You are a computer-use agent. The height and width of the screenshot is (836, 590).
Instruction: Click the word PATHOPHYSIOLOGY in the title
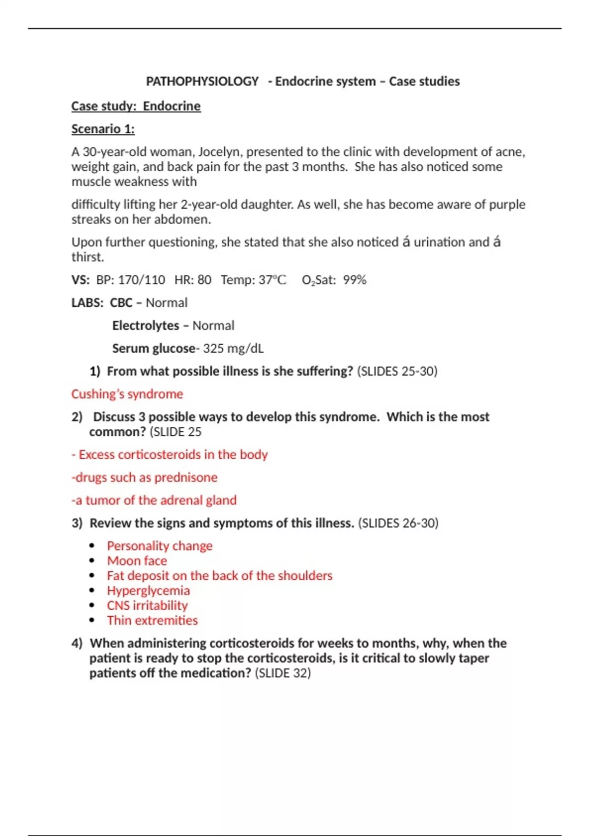pyautogui.click(x=202, y=81)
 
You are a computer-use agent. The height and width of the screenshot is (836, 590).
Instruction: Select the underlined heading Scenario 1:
pyautogui.click(x=103, y=129)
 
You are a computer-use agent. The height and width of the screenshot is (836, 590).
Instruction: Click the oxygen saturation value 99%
pyautogui.click(x=354, y=280)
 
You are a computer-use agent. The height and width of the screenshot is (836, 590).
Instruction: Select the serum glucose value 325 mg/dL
pyautogui.click(x=233, y=348)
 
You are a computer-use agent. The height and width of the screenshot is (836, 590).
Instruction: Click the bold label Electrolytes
pyautogui.click(x=146, y=326)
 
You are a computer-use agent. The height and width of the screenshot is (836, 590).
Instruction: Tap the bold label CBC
pyautogui.click(x=121, y=302)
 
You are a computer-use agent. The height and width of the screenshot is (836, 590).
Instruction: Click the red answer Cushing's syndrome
pyautogui.click(x=127, y=394)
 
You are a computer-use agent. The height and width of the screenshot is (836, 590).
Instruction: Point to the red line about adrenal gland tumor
pyautogui.click(x=154, y=500)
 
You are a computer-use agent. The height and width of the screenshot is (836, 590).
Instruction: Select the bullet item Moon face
pyautogui.click(x=137, y=561)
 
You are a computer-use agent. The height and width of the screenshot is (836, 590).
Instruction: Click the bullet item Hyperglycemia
pyautogui.click(x=148, y=590)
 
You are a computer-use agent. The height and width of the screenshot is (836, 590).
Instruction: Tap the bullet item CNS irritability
pyautogui.click(x=147, y=605)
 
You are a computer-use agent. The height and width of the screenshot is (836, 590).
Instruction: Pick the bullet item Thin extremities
pyautogui.click(x=152, y=620)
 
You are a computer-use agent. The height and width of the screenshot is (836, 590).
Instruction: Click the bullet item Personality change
pyautogui.click(x=159, y=546)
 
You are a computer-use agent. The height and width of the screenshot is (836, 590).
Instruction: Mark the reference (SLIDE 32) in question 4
pyautogui.click(x=283, y=673)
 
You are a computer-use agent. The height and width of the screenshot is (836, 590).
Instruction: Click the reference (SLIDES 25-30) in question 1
pyautogui.click(x=397, y=371)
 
